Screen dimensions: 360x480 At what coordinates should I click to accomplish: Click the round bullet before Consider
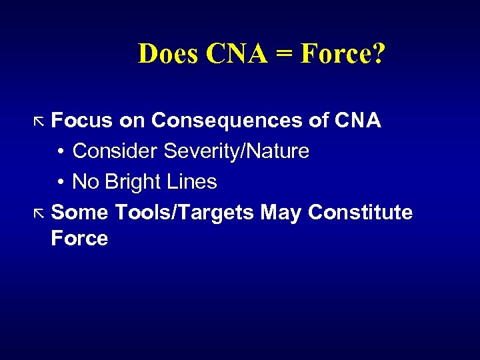(x=60, y=152)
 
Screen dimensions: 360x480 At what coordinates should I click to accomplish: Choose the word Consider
(x=115, y=151)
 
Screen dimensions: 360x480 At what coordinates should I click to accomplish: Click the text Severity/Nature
(x=237, y=151)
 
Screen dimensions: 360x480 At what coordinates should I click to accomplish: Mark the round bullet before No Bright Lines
(x=60, y=183)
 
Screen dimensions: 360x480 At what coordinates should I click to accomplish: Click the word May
(x=281, y=213)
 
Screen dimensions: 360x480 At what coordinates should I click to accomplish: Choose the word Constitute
(x=361, y=213)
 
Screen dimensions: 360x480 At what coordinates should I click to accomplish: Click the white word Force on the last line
(x=79, y=239)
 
